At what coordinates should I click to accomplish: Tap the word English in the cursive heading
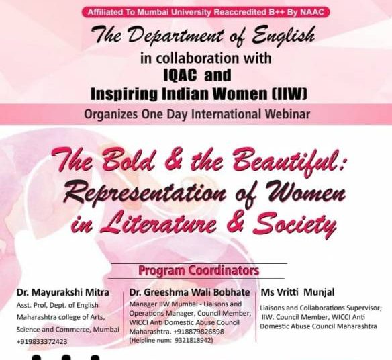[x=283, y=35]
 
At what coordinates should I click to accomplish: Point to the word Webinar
[x=287, y=114]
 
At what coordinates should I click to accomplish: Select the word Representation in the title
[x=144, y=194]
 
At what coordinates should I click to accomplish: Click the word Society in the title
[x=295, y=224]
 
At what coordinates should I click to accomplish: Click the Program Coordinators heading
[x=199, y=271]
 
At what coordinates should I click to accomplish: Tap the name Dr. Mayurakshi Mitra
[x=63, y=292]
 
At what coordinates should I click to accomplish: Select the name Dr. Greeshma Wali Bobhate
[x=189, y=292]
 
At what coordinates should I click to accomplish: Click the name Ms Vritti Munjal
[x=297, y=292]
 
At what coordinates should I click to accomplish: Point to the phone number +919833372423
[x=42, y=341]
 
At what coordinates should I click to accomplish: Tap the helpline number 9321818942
[x=193, y=341]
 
